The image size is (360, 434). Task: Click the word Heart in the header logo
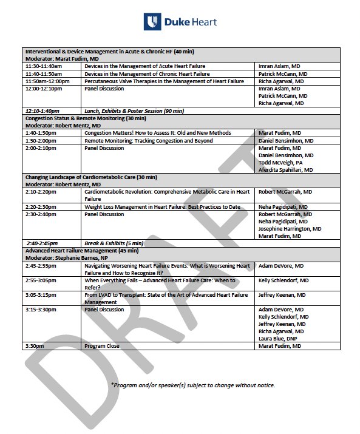coord(202,22)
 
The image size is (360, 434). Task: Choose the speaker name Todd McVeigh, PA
coord(280,163)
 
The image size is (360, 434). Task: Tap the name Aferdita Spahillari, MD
coord(286,170)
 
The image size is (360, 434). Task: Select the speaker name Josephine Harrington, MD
coord(290,229)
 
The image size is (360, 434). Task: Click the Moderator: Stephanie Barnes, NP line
coord(66,258)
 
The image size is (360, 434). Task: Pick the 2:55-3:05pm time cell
coord(40,280)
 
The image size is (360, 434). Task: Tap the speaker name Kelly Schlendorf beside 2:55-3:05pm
coord(284,280)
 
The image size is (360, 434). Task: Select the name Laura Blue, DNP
coord(279,339)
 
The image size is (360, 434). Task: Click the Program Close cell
coord(102,346)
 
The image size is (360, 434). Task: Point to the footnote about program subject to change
coord(192,385)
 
